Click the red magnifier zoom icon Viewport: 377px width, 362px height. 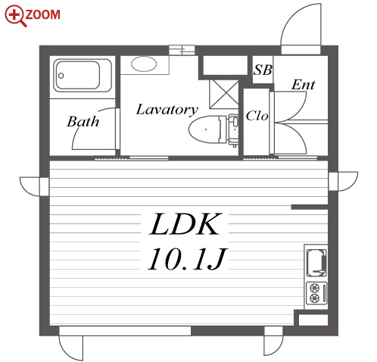pyautogui.click(x=15, y=16)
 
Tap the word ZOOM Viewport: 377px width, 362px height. pyautogui.click(x=43, y=14)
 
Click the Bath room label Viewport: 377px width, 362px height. pyautogui.click(x=83, y=121)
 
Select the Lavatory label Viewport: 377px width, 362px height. pyautogui.click(x=167, y=110)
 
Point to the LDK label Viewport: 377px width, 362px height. pyautogui.click(x=185, y=224)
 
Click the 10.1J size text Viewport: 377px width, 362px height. pyautogui.click(x=187, y=259)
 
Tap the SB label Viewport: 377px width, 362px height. pyautogui.click(x=263, y=70)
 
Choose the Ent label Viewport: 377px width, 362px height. pyautogui.click(x=304, y=85)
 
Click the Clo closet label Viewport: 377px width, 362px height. pyautogui.click(x=257, y=116)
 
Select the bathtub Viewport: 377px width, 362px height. pyautogui.click(x=83, y=75)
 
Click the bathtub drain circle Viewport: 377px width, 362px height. pyautogui.click(x=61, y=76)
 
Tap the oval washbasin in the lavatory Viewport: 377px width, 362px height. pyautogui.click(x=144, y=64)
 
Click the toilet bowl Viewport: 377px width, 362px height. pyautogui.click(x=205, y=130)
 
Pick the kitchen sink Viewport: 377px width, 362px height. pyautogui.click(x=316, y=263)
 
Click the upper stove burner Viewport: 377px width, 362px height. pyautogui.click(x=314, y=288)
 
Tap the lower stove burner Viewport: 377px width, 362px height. pyautogui.click(x=314, y=298)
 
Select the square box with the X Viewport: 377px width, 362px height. pyautogui.click(x=224, y=94)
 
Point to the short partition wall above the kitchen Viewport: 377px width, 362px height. pyautogui.click(x=310, y=208)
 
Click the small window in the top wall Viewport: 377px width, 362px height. pyautogui.click(x=182, y=50)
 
